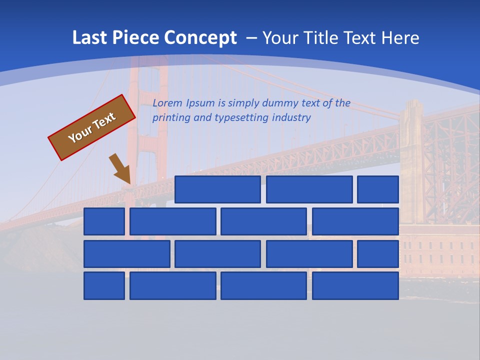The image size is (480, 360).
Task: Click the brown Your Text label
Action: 92,127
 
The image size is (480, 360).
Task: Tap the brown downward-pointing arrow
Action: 120,168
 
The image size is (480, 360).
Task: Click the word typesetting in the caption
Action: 241,117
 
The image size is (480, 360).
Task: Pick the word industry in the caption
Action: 291,117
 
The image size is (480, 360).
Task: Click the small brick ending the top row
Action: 378,189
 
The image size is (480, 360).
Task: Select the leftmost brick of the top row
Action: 217,189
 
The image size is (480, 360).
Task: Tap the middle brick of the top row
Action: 309,189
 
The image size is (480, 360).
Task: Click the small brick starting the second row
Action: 104,221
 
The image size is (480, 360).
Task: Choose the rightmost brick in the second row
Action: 355,221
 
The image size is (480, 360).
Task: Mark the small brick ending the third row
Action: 378,254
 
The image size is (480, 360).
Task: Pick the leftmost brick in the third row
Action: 126,254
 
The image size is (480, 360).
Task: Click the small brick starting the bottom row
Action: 104,286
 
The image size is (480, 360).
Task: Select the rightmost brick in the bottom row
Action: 355,286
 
